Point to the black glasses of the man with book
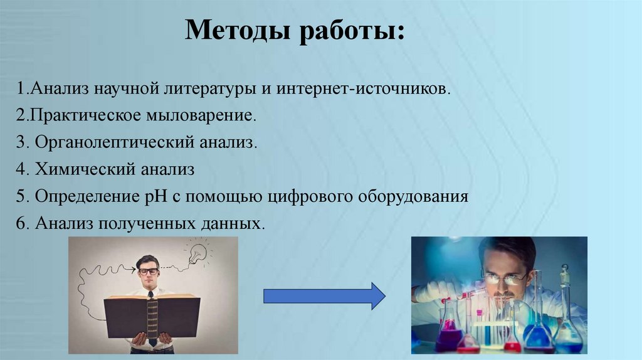pyautogui.click(x=149, y=272)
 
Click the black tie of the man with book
pyautogui.click(x=150, y=301)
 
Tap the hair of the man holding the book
pyautogui.click(x=148, y=260)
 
